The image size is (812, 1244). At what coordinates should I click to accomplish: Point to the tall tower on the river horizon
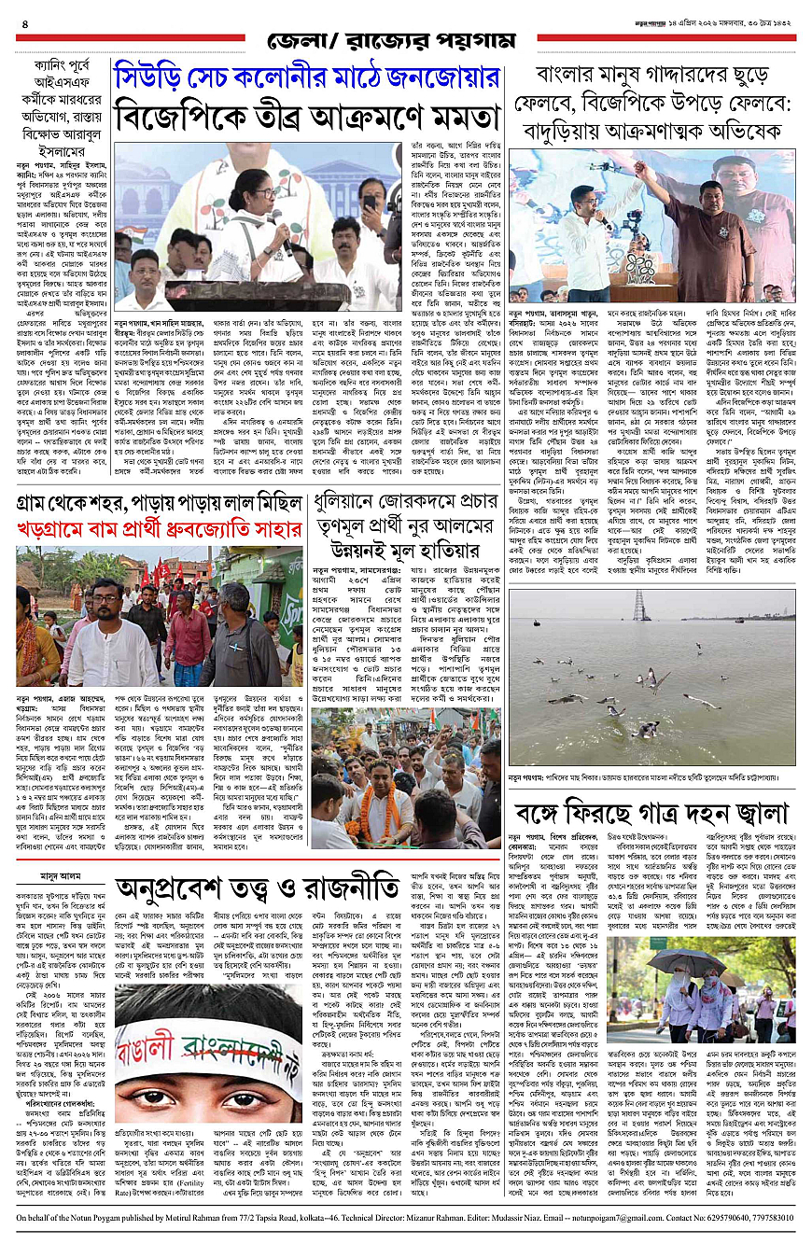637,606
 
